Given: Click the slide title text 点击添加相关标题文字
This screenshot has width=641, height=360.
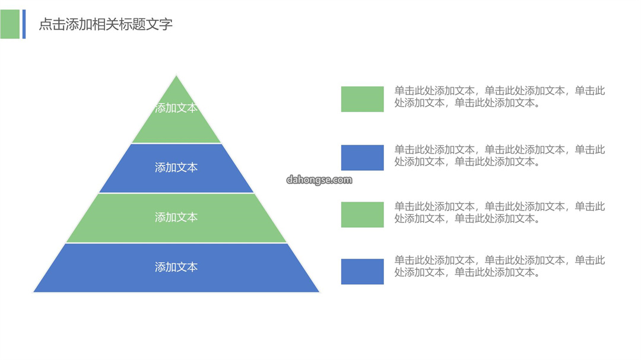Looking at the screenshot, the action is (106, 24).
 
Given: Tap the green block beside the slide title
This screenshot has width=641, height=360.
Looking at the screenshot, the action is (10, 24).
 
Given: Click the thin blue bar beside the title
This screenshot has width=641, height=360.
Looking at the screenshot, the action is (24, 24).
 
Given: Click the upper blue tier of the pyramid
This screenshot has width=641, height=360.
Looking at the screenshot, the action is (176, 168).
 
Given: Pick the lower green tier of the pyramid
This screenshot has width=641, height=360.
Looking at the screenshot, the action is (176, 218).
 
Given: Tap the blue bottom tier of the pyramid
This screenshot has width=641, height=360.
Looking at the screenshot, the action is (176, 267).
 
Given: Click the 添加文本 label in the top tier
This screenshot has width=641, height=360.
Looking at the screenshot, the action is (176, 108).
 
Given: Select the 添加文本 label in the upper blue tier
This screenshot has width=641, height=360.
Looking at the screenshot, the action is (176, 167).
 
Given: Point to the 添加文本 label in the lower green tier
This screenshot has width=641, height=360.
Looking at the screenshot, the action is (176, 217).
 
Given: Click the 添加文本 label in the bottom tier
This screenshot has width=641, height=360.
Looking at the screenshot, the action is (176, 267).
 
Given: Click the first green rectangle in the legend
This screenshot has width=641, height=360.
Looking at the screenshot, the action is (362, 99).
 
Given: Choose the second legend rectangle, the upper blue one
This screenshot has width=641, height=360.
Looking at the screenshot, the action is (362, 157).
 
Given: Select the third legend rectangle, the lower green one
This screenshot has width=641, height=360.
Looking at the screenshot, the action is (362, 215).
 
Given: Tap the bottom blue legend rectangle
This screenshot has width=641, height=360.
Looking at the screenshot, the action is (362, 271).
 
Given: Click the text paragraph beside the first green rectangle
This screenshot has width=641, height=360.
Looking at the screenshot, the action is (500, 97).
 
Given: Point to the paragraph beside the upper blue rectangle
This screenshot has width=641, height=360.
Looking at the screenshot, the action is (500, 155).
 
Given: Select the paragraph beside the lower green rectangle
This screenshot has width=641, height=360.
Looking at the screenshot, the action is (500, 212).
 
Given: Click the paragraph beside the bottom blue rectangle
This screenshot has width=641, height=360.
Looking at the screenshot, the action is (500, 266).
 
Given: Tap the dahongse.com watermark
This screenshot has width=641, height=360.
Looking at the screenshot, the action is (319, 180).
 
